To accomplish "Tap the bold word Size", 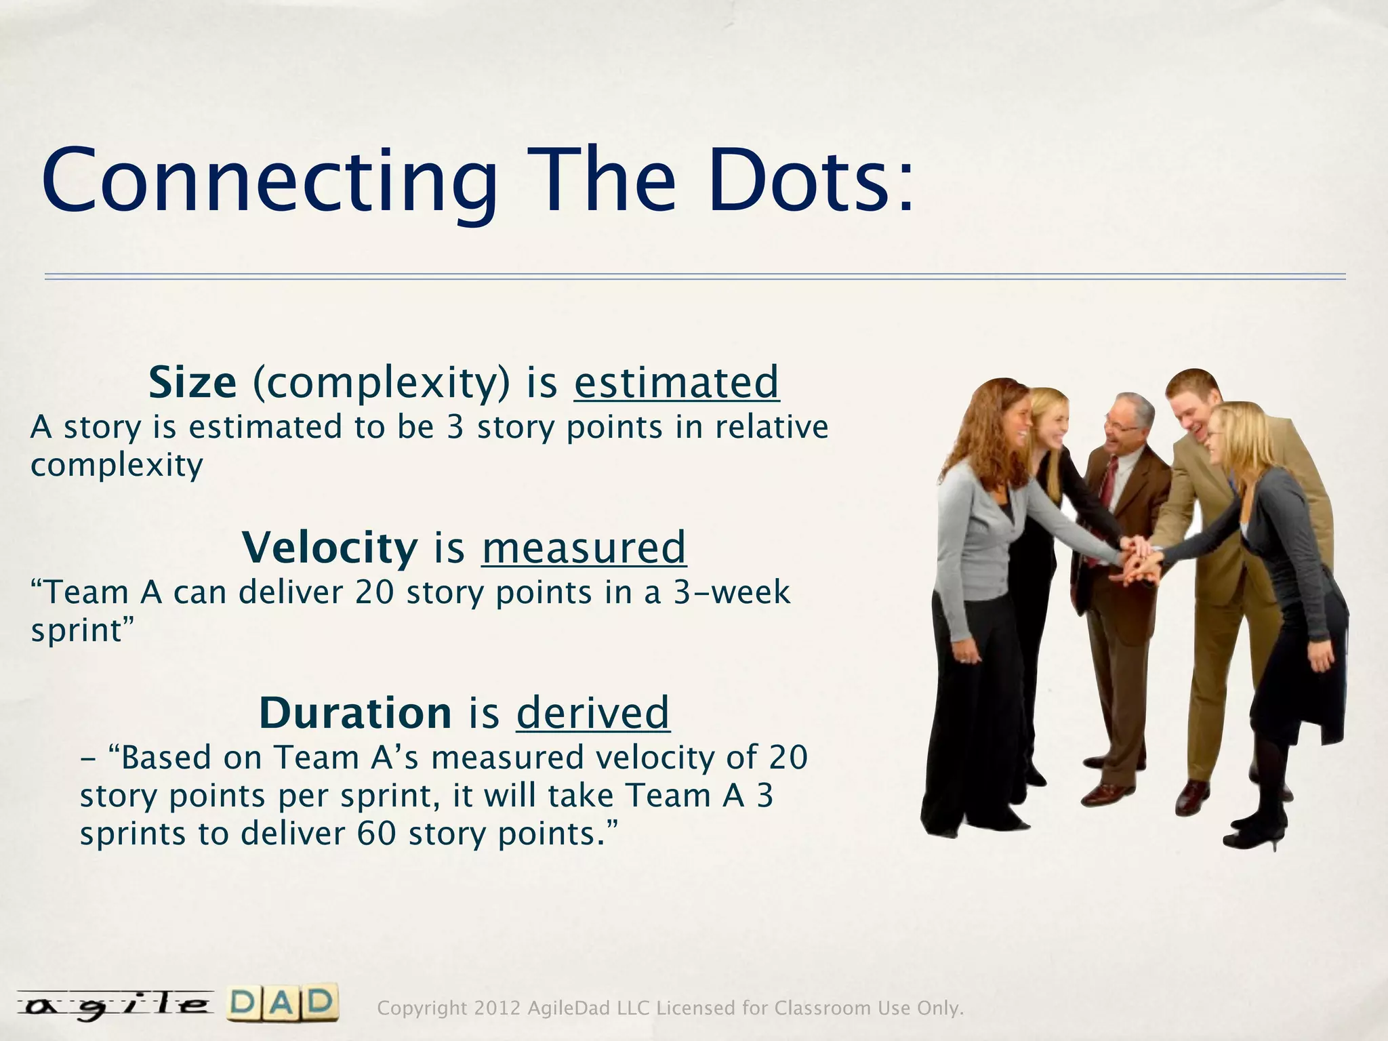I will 192,382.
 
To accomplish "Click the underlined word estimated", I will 676,382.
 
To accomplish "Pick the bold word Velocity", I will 330,548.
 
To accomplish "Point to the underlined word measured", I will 584,548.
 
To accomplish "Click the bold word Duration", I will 355,713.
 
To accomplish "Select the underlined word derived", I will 593,713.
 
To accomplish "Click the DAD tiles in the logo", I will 281,1003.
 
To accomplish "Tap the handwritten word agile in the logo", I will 114,1004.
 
